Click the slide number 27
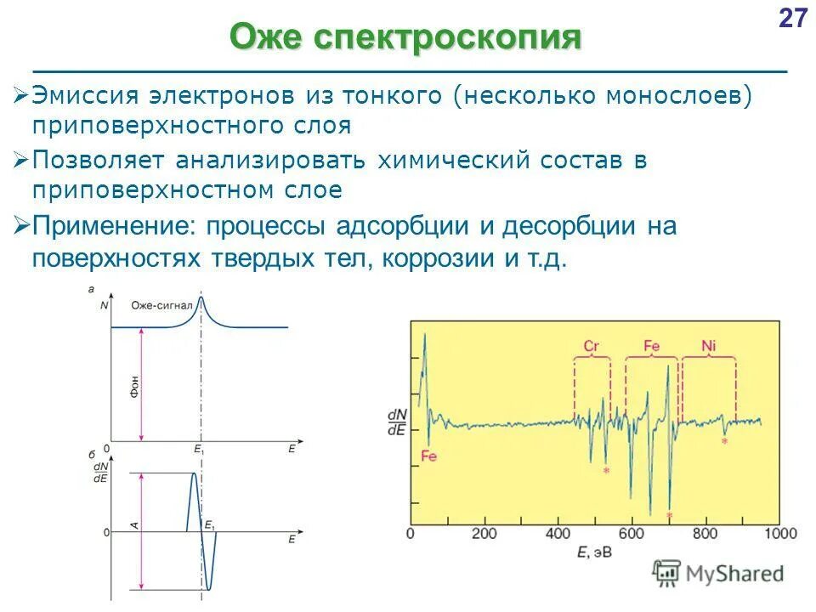[792, 19]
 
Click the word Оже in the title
[265, 37]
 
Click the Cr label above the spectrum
[592, 347]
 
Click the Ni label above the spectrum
[709, 347]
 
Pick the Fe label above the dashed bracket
[651, 347]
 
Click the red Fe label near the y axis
[428, 456]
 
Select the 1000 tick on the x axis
[779, 534]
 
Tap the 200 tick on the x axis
[484, 534]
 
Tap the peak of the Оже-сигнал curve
[201, 297]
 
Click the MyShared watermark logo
[718, 574]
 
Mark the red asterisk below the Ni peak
[724, 442]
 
